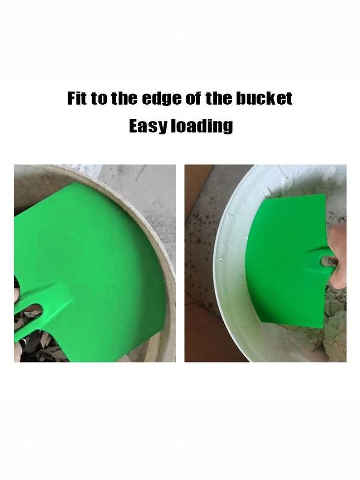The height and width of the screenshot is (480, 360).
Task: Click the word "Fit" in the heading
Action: pos(77,98)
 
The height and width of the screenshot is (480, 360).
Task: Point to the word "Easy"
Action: pos(148,126)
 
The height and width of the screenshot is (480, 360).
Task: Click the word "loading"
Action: pos(202,126)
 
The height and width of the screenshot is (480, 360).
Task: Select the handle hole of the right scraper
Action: pos(327,261)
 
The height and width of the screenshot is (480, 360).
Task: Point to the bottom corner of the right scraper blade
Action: pos(322,327)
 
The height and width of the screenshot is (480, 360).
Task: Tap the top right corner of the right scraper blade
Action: pos(324,195)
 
